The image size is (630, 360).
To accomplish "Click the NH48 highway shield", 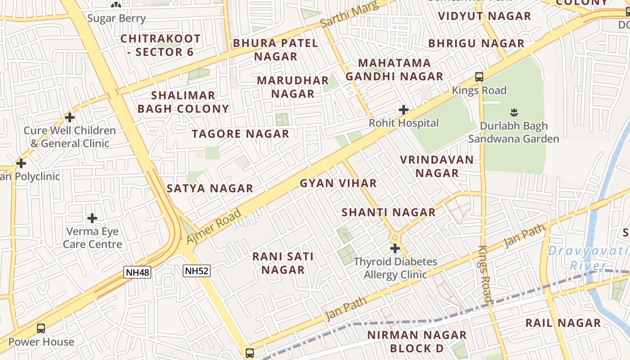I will pyautogui.click(x=137, y=272).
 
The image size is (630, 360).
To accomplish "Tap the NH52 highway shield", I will pyautogui.click(x=197, y=270).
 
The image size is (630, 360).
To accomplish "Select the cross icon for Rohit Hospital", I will pyautogui.click(x=404, y=110).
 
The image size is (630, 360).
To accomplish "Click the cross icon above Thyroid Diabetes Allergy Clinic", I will pyautogui.click(x=395, y=248).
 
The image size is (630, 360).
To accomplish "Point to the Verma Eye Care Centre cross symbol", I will pyautogui.click(x=92, y=219).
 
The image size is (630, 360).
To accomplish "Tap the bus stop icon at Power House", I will pyautogui.click(x=41, y=328).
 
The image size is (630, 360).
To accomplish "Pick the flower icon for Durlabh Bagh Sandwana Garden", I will pyautogui.click(x=513, y=112).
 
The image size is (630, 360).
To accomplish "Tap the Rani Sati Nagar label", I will pyautogui.click(x=283, y=263).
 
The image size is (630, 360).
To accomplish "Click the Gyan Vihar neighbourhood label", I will pyautogui.click(x=338, y=183).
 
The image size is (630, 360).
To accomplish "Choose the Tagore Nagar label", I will pyautogui.click(x=240, y=134).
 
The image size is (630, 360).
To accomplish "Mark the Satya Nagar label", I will pyautogui.click(x=210, y=189).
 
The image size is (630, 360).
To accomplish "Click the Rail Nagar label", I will pyautogui.click(x=563, y=323).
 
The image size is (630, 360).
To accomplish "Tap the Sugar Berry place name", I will pyautogui.click(x=116, y=18).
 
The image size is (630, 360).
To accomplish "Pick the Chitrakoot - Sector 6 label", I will pyautogui.click(x=160, y=45).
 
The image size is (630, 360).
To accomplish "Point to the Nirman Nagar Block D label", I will pyautogui.click(x=417, y=342).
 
